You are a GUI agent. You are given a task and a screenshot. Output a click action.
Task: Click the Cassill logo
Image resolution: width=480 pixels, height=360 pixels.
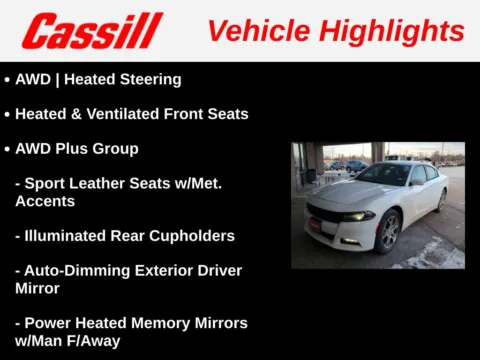pyautogui.click(x=91, y=31)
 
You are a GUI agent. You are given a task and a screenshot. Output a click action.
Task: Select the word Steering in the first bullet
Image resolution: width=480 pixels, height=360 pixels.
pyautogui.click(x=149, y=79)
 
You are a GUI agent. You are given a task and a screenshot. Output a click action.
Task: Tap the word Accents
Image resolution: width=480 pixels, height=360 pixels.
pyautogui.click(x=46, y=201)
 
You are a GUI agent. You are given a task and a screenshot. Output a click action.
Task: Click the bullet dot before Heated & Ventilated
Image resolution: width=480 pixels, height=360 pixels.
pyautogui.click(x=8, y=114)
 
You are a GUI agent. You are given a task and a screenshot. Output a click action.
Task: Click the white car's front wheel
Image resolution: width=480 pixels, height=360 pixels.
pyautogui.click(x=386, y=232)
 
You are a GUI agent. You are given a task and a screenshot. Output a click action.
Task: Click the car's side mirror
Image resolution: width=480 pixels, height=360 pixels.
pyautogui.click(x=416, y=184)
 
